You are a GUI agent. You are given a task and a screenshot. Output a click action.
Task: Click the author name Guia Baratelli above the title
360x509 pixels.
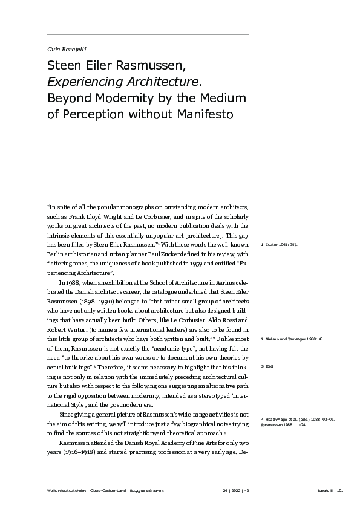pos(63,48)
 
